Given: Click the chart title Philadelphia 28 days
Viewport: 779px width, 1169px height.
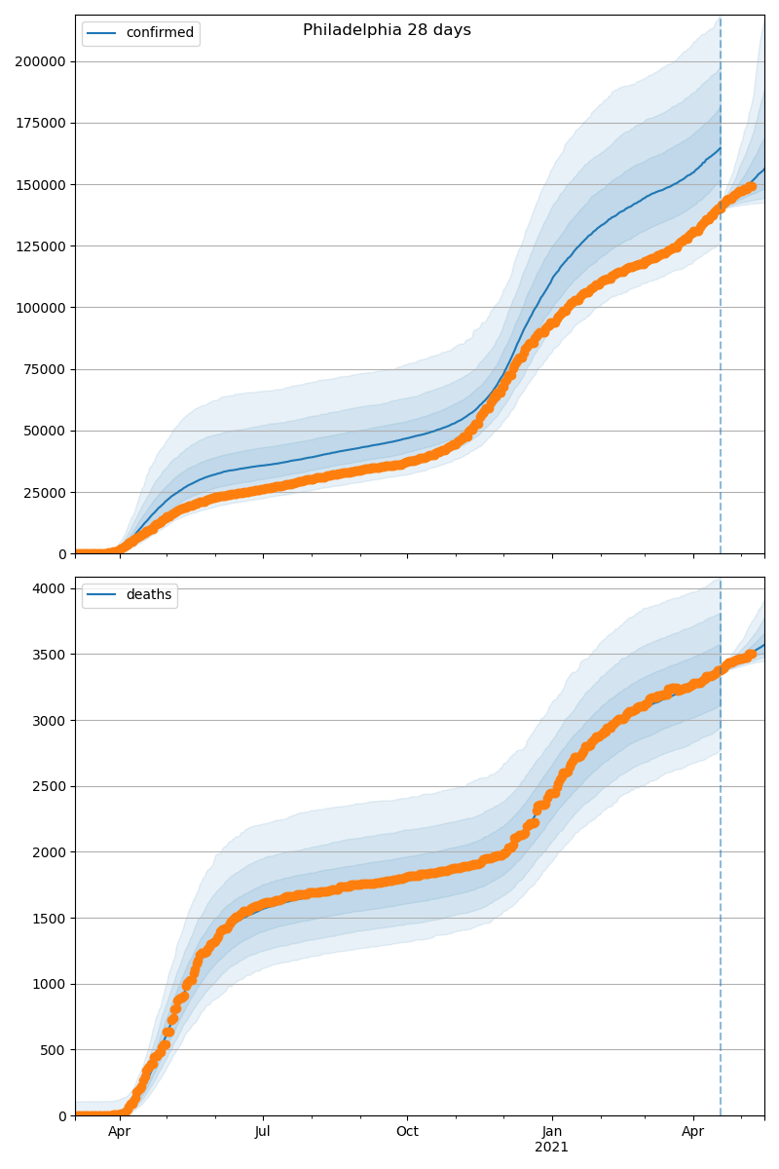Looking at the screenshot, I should (387, 30).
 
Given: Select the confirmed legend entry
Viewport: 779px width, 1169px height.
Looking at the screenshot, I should (160, 33).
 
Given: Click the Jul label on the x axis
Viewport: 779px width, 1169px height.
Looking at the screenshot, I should (263, 1132).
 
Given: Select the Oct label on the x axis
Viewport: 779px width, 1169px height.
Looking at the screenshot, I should (407, 1132).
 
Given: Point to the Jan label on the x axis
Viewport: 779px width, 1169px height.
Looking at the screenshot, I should (552, 1132).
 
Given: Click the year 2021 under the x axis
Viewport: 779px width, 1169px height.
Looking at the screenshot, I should (552, 1148).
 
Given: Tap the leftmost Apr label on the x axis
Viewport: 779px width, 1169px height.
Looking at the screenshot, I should (120, 1132).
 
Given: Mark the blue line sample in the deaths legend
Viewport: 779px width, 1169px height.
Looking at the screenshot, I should (102, 595).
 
